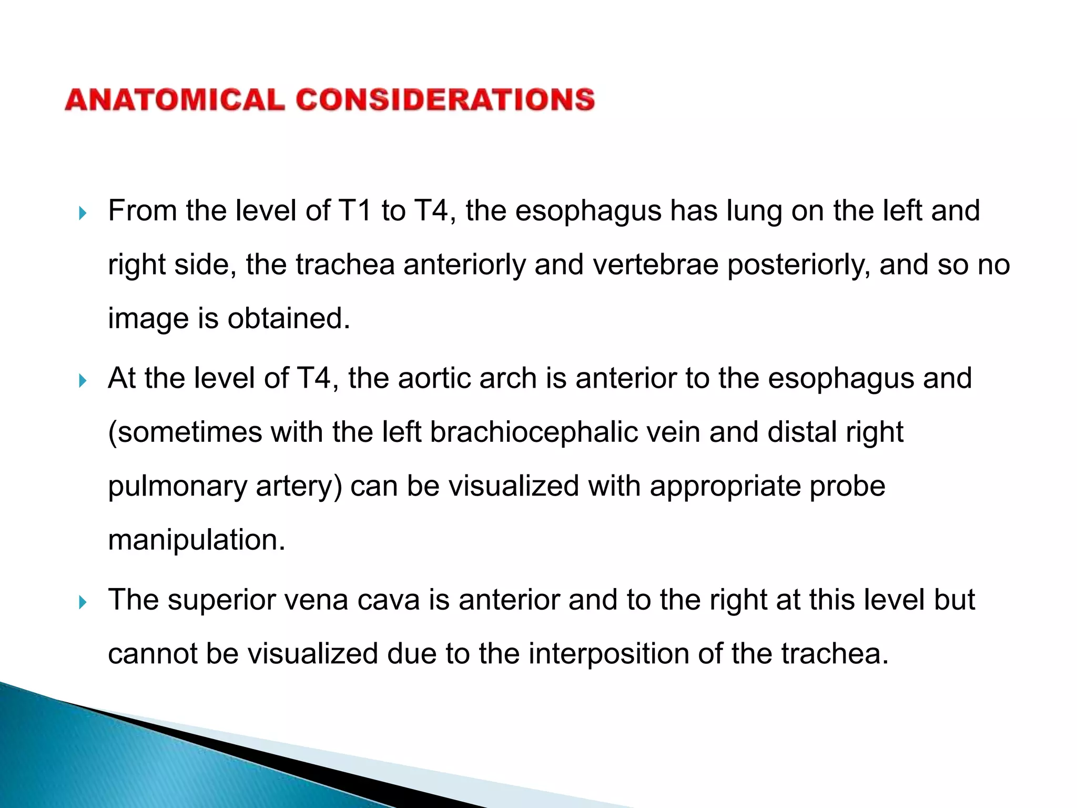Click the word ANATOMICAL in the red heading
click(x=175, y=100)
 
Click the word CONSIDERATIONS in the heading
click(x=445, y=100)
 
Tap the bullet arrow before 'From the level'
click(x=82, y=213)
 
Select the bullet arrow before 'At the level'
click(x=82, y=380)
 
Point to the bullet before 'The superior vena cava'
click(x=82, y=602)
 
